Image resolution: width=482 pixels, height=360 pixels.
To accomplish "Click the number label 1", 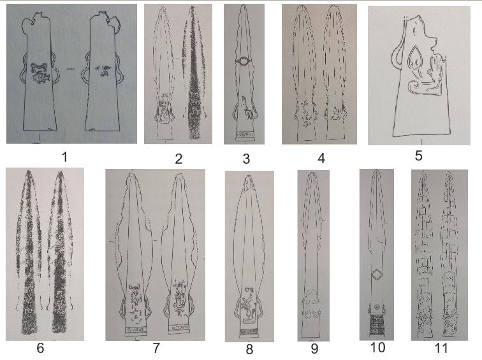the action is pyautogui.click(x=64, y=157).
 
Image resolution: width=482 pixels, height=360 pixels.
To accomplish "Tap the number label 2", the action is pyautogui.click(x=179, y=159).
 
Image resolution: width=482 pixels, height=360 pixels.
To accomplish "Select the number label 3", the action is pyautogui.click(x=246, y=159).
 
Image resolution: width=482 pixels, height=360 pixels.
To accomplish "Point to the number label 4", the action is pyautogui.click(x=321, y=159).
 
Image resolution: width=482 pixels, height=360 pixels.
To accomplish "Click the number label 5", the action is pyautogui.click(x=418, y=155).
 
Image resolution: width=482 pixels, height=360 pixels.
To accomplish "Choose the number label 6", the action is pyautogui.click(x=40, y=348).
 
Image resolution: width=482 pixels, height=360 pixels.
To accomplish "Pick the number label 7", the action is pyautogui.click(x=156, y=348).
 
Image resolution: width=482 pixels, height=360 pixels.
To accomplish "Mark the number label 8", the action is pyautogui.click(x=249, y=349).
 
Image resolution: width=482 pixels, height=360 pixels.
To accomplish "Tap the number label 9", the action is pyautogui.click(x=314, y=349).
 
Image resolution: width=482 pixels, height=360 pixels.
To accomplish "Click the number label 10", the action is pyautogui.click(x=377, y=347).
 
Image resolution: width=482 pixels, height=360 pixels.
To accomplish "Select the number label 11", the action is pyautogui.click(x=441, y=349).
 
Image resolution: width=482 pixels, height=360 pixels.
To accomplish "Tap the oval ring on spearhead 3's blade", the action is pyautogui.click(x=244, y=61).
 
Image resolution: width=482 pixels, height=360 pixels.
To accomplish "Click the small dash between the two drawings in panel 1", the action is pyautogui.click(x=71, y=69).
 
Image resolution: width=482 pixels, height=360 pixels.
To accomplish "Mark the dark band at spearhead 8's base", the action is pyautogui.click(x=249, y=331).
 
